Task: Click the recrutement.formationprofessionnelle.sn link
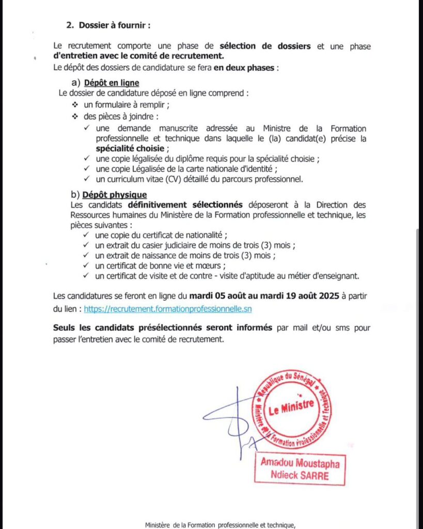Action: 168,308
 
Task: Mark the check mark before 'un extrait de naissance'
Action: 86,256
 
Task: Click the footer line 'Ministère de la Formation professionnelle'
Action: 220,525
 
